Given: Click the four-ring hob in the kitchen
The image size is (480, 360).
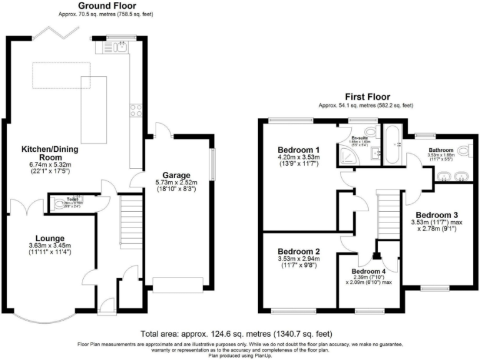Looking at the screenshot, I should click(x=136, y=111).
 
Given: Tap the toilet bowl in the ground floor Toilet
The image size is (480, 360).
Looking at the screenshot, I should click(x=59, y=202).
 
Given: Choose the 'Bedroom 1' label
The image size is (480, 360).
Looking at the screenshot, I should click(x=299, y=150).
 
